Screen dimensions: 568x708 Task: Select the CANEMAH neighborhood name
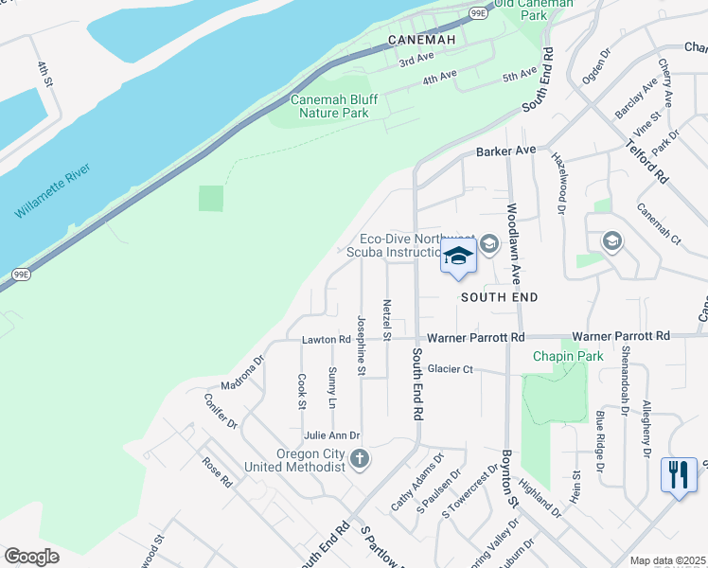(x=422, y=40)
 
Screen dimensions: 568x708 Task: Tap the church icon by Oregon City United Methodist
(x=359, y=460)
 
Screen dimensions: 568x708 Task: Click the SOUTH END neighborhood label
(x=499, y=297)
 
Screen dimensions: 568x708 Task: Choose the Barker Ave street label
(x=506, y=151)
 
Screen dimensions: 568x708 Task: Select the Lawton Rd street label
(x=327, y=339)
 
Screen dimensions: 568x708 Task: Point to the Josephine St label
(x=361, y=345)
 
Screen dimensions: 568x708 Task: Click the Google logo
(x=31, y=556)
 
